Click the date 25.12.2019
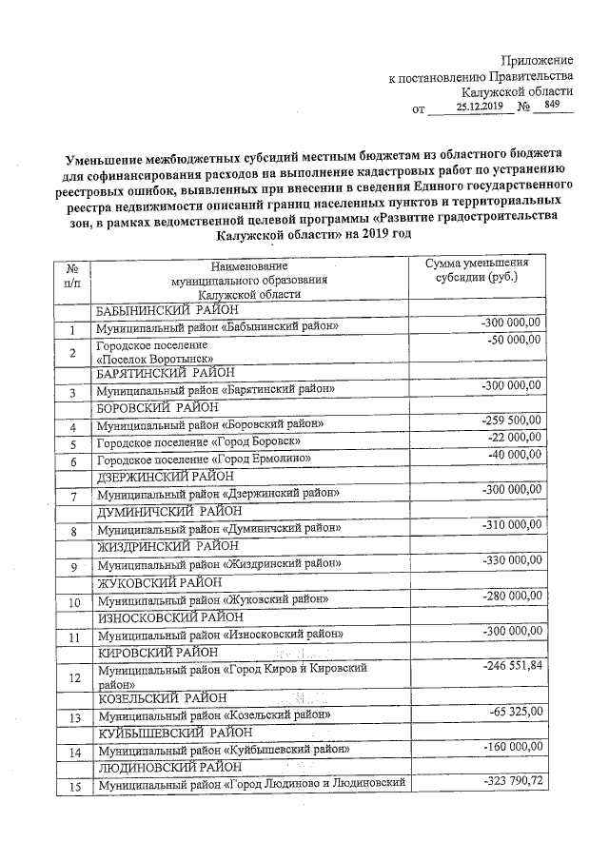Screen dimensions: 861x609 (x=479, y=108)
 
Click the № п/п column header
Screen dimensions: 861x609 (x=71, y=277)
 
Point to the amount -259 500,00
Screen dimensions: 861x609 (x=511, y=421)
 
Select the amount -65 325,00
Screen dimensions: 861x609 (x=515, y=712)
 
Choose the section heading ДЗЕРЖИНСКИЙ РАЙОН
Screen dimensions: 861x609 (x=167, y=475)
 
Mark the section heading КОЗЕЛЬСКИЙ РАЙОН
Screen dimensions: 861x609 (x=159, y=697)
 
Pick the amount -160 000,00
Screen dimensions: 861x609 (x=511, y=748)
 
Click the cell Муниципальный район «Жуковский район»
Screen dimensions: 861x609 (x=212, y=599)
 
